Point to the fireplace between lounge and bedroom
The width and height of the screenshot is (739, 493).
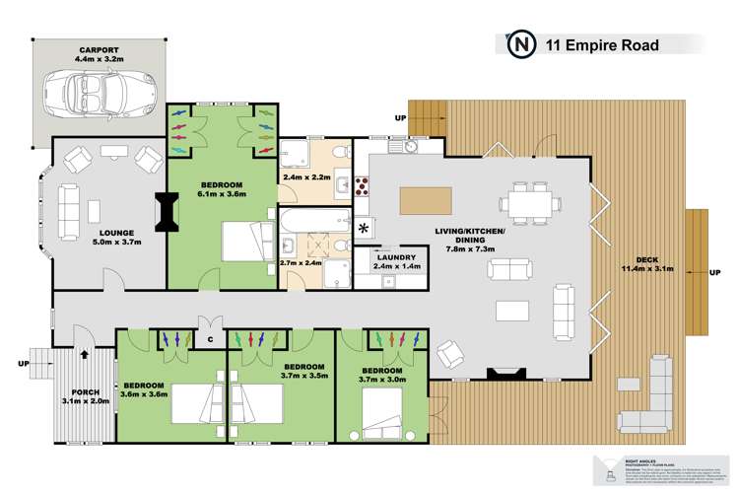click(x=167, y=212)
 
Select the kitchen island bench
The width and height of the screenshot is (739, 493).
click(x=425, y=200)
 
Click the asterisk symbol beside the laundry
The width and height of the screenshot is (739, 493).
click(x=365, y=228)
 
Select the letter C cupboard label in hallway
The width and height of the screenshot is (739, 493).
click(x=210, y=340)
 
